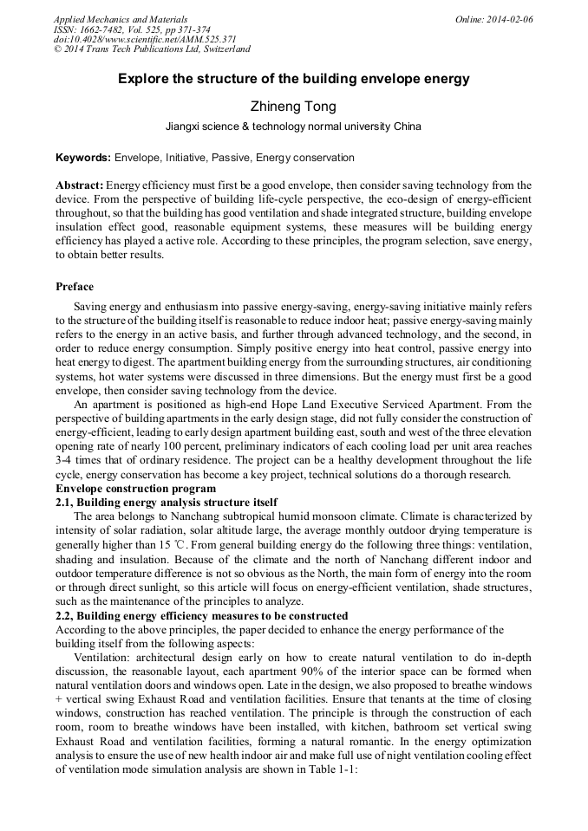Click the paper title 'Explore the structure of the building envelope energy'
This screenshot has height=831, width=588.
pyautogui.click(x=294, y=79)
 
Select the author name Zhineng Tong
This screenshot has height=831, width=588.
pyautogui.click(x=293, y=107)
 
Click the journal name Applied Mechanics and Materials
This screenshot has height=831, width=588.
pyautogui.click(x=121, y=19)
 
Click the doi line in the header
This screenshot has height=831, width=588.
pyautogui.click(x=145, y=39)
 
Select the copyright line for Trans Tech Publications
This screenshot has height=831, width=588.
pyautogui.click(x=152, y=49)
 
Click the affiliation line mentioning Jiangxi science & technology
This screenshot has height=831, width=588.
pyautogui.click(x=293, y=127)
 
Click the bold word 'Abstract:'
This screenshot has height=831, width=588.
pyautogui.click(x=80, y=185)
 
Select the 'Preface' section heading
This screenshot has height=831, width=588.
pyautogui.click(x=75, y=287)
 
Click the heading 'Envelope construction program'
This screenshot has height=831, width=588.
pyautogui.click(x=130, y=489)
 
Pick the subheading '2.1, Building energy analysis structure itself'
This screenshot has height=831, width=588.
pyautogui.click(x=167, y=502)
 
